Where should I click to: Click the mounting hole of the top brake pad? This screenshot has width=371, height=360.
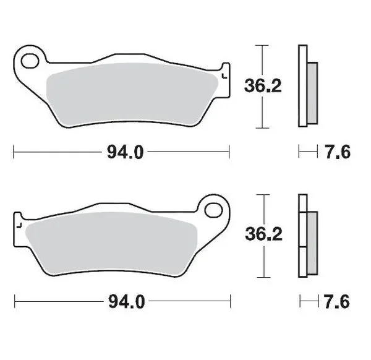pos(30,61)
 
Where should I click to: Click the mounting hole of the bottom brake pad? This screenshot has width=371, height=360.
pos(214,210)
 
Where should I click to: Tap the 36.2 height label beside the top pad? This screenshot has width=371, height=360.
pos(263,86)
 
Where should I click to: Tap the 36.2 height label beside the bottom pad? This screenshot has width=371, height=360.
pos(263,234)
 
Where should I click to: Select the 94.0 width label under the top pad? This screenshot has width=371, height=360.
pos(125,152)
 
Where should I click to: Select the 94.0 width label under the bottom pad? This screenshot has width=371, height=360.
pos(126,301)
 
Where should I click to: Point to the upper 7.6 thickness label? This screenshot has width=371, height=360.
pos(338,152)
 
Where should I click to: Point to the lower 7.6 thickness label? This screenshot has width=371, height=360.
pos(337,302)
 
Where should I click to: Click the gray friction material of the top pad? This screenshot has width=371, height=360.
pos(132,94)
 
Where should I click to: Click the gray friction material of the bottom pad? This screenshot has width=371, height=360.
pos(111,243)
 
